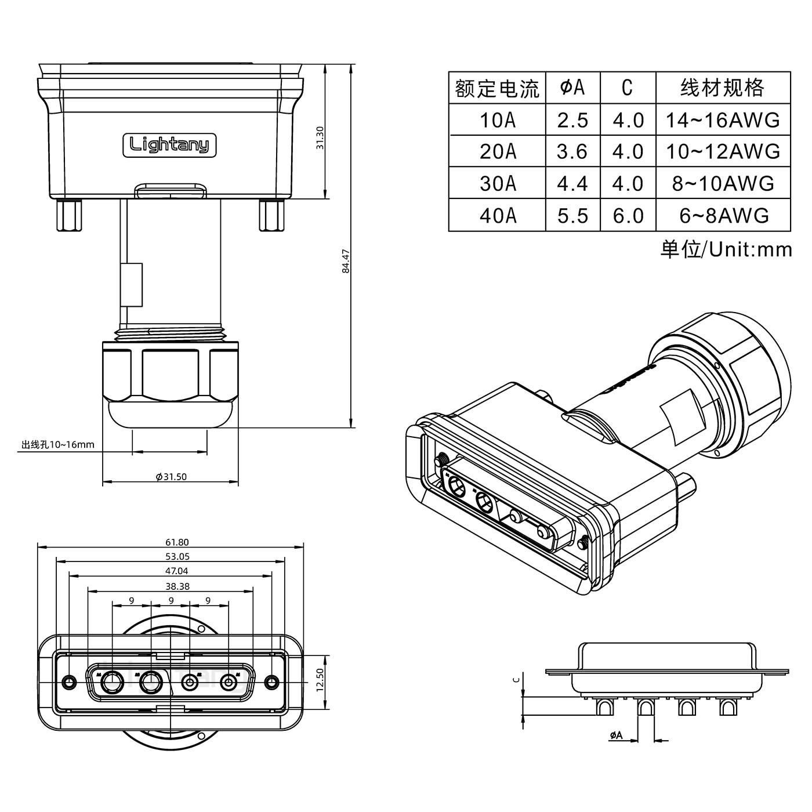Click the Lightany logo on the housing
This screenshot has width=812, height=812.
click(169, 144)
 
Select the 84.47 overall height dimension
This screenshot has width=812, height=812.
click(346, 261)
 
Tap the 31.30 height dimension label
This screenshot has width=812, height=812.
click(320, 137)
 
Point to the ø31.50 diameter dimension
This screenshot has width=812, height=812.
click(171, 477)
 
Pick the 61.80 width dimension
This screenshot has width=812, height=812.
click(177, 542)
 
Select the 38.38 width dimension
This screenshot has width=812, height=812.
click(177, 586)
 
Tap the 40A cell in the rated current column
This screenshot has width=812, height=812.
click(497, 215)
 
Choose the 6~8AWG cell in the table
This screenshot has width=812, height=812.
click(723, 215)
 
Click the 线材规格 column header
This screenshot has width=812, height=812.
click(722, 88)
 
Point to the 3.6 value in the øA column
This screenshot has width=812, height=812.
click(572, 152)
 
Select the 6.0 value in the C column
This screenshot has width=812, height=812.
click(628, 215)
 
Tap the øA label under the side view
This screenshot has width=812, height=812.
click(616, 735)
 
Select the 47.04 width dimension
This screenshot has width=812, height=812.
click(177, 571)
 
